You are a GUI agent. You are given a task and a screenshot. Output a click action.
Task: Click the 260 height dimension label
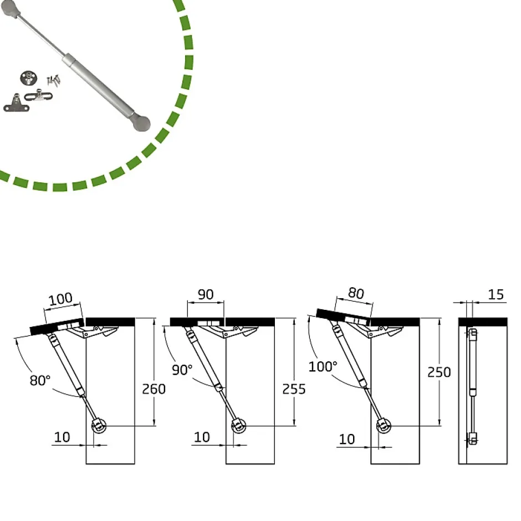(x=154, y=389)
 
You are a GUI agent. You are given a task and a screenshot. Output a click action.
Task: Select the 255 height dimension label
(x=294, y=389)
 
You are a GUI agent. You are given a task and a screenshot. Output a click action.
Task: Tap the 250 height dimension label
(x=439, y=372)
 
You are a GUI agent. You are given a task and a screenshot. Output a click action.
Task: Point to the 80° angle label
(x=40, y=380)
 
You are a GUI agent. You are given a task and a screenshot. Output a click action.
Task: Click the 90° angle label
(x=182, y=370)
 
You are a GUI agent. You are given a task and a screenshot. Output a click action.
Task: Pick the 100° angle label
(x=323, y=366)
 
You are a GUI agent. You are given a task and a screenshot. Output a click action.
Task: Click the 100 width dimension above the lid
(x=60, y=299)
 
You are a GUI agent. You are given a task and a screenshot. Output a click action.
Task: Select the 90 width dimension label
(x=206, y=294)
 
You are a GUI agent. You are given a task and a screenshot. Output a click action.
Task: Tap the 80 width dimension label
(x=356, y=293)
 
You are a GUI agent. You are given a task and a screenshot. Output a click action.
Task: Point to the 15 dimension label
(x=496, y=294)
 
